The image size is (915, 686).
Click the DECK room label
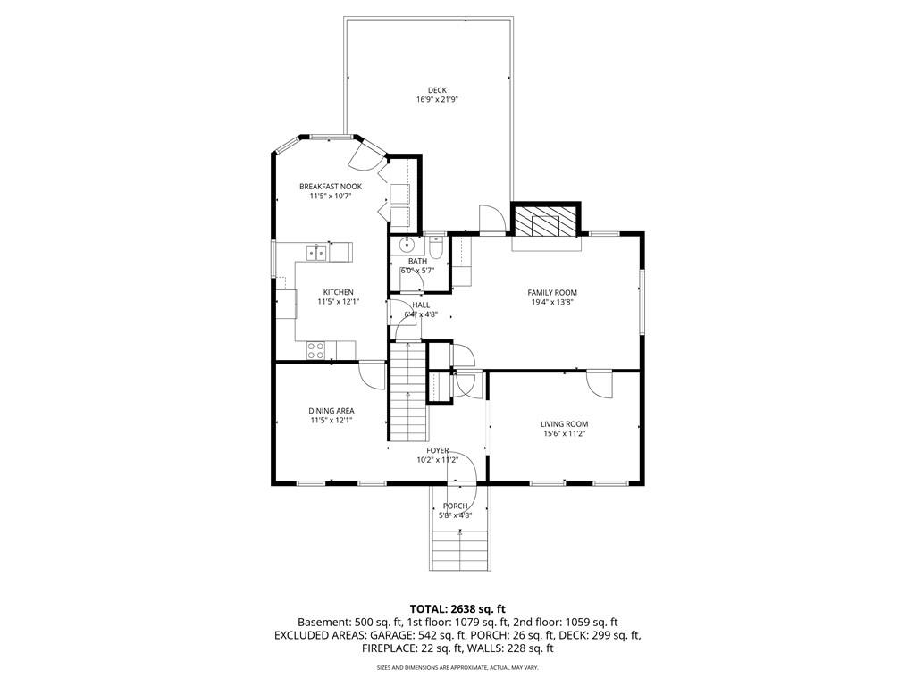click(x=437, y=89)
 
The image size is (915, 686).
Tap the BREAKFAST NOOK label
click(x=330, y=186)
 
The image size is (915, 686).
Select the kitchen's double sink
click(x=315, y=253)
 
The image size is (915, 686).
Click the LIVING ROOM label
click(x=564, y=423)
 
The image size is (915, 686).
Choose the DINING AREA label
click(x=332, y=411)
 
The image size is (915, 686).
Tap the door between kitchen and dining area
click(x=373, y=374)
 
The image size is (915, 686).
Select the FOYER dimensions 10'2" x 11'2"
click(x=437, y=460)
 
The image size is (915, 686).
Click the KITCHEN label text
click(x=338, y=292)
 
